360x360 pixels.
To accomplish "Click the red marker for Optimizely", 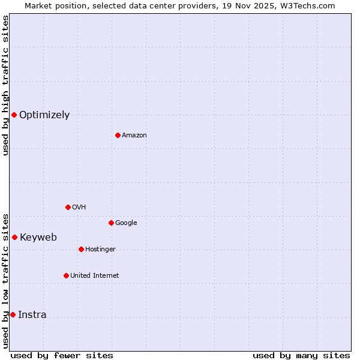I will coord(14,115).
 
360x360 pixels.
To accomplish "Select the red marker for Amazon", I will coord(118,135).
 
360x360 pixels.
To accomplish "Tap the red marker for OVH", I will coord(68,207).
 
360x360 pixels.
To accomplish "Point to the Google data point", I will coord(111,223).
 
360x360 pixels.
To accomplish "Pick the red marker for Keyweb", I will coord(14,237).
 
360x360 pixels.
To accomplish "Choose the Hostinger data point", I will coord(81,249).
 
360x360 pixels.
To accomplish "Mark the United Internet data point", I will coord(66,275).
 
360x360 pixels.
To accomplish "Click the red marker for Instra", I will coord(13,314).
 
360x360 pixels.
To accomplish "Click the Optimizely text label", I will coord(44,115).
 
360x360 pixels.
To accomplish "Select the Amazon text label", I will coord(134,136).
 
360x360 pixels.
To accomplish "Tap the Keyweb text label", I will coord(38,238).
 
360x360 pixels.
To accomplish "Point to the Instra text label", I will coord(32,315).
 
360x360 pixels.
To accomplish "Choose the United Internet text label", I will coord(95,276).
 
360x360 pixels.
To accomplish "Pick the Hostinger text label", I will coord(100,250).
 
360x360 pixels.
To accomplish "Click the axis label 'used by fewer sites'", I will coord(62,355).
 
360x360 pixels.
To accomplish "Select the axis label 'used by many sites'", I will coord(301,355).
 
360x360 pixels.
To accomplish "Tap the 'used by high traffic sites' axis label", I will coord(5,85).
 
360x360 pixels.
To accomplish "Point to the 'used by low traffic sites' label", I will coord(5,280).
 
